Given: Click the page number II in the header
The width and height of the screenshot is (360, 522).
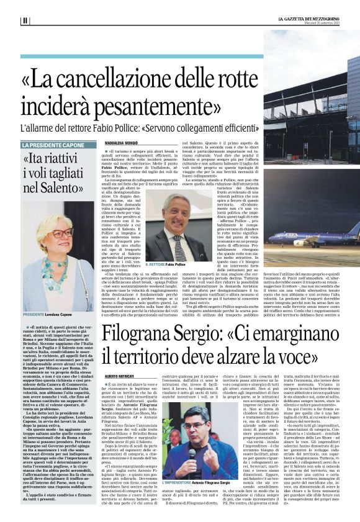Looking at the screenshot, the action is [25, 20].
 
